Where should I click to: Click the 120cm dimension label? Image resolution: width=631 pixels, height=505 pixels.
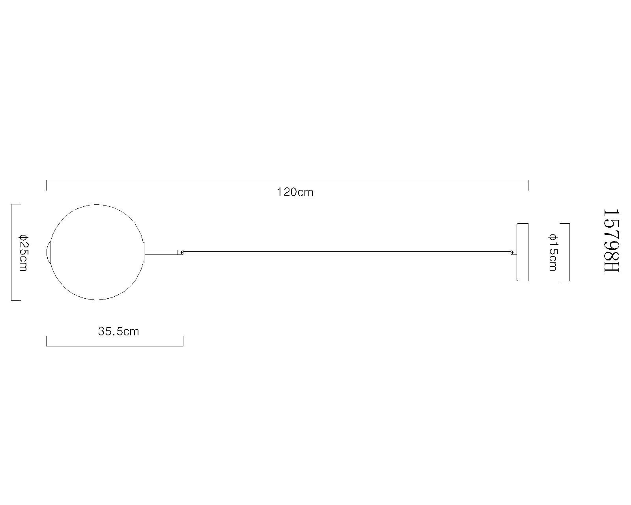click(295, 192)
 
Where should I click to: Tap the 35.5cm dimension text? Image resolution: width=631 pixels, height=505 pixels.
click(118, 331)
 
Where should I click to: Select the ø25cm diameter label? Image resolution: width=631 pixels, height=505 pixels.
click(23, 252)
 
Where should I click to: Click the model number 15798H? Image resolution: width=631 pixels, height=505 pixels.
click(612, 240)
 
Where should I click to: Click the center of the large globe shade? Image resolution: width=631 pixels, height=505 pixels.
click(97, 252)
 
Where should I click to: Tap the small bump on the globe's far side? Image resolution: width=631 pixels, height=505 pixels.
click(49, 252)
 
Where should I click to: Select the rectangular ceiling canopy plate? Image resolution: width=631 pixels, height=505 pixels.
click(522, 252)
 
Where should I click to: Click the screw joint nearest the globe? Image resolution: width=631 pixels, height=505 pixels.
click(181, 252)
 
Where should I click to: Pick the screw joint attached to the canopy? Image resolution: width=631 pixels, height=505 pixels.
click(513, 252)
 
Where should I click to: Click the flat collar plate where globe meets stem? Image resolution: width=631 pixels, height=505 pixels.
click(145, 252)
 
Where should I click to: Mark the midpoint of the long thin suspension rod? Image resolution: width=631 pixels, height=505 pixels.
click(347, 252)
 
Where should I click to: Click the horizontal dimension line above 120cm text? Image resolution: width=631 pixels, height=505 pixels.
click(287, 180)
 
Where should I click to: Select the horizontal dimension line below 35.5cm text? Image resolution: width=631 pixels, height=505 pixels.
click(114, 346)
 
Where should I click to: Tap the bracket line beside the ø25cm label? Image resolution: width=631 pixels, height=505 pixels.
click(11, 252)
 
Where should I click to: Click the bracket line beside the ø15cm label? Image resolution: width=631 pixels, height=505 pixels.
click(569, 252)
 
